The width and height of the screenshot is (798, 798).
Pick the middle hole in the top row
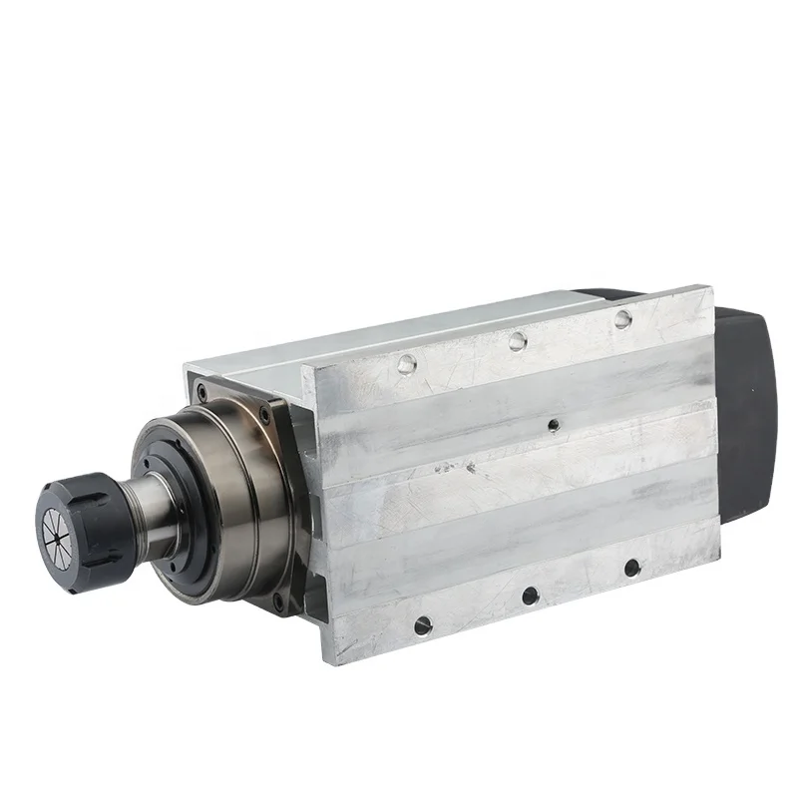coord(516,341)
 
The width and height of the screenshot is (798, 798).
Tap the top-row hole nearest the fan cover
coord(622,318)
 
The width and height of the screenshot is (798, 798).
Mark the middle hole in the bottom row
coord(530,597)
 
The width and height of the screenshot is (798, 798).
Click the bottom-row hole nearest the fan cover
coord(631,569)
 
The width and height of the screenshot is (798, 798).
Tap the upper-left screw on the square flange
coord(202,391)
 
